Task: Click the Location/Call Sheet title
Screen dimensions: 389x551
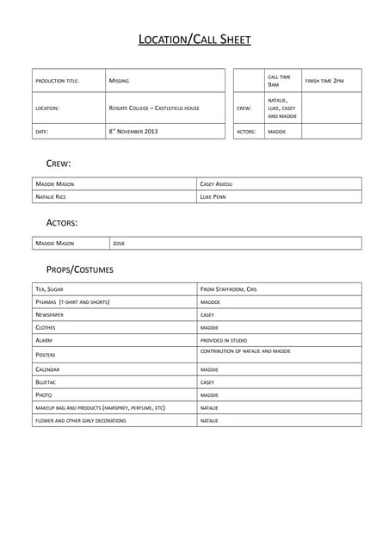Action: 194,40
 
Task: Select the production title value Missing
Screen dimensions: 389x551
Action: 120,81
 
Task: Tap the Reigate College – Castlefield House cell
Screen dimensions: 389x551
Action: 154,108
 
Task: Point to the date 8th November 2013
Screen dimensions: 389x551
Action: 133,132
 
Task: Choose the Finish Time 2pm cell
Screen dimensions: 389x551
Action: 324,81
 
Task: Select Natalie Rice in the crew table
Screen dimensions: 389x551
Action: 51,196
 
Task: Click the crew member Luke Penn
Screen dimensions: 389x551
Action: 213,196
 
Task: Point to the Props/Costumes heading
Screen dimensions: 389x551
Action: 79,269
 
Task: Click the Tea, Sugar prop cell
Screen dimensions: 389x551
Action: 49,289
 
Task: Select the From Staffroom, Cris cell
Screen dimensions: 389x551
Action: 228,289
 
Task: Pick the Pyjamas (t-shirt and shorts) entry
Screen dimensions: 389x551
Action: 73,302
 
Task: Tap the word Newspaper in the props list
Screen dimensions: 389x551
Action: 50,315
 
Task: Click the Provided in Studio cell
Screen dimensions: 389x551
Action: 223,341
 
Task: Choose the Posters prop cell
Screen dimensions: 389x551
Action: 46,355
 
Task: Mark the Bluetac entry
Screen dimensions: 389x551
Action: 46,381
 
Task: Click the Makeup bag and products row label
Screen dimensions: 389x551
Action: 100,407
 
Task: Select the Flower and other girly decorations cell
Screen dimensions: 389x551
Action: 81,420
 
